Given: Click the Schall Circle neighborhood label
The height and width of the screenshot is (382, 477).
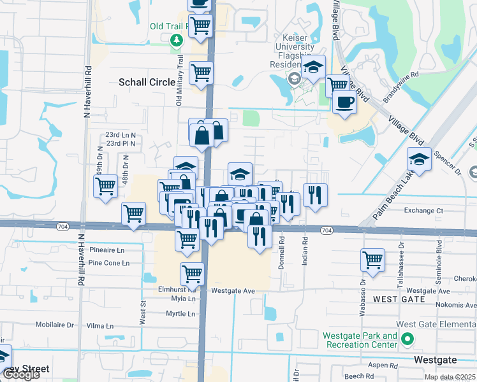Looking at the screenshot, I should [x=147, y=82].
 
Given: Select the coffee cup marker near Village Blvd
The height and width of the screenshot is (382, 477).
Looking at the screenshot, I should [x=344, y=102].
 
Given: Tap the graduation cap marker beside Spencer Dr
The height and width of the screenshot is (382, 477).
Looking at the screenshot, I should [x=419, y=159].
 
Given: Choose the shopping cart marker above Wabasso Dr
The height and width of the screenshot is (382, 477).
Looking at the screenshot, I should [x=372, y=260].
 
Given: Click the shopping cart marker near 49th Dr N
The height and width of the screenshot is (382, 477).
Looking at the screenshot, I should [x=105, y=187].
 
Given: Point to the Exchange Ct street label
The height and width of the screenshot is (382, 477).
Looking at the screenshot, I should [x=423, y=210].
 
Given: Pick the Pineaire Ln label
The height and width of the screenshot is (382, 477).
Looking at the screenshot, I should [x=107, y=250].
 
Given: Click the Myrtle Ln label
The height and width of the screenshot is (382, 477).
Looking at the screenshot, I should [x=180, y=314].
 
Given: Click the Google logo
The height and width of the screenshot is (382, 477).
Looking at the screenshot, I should [x=21, y=374].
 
